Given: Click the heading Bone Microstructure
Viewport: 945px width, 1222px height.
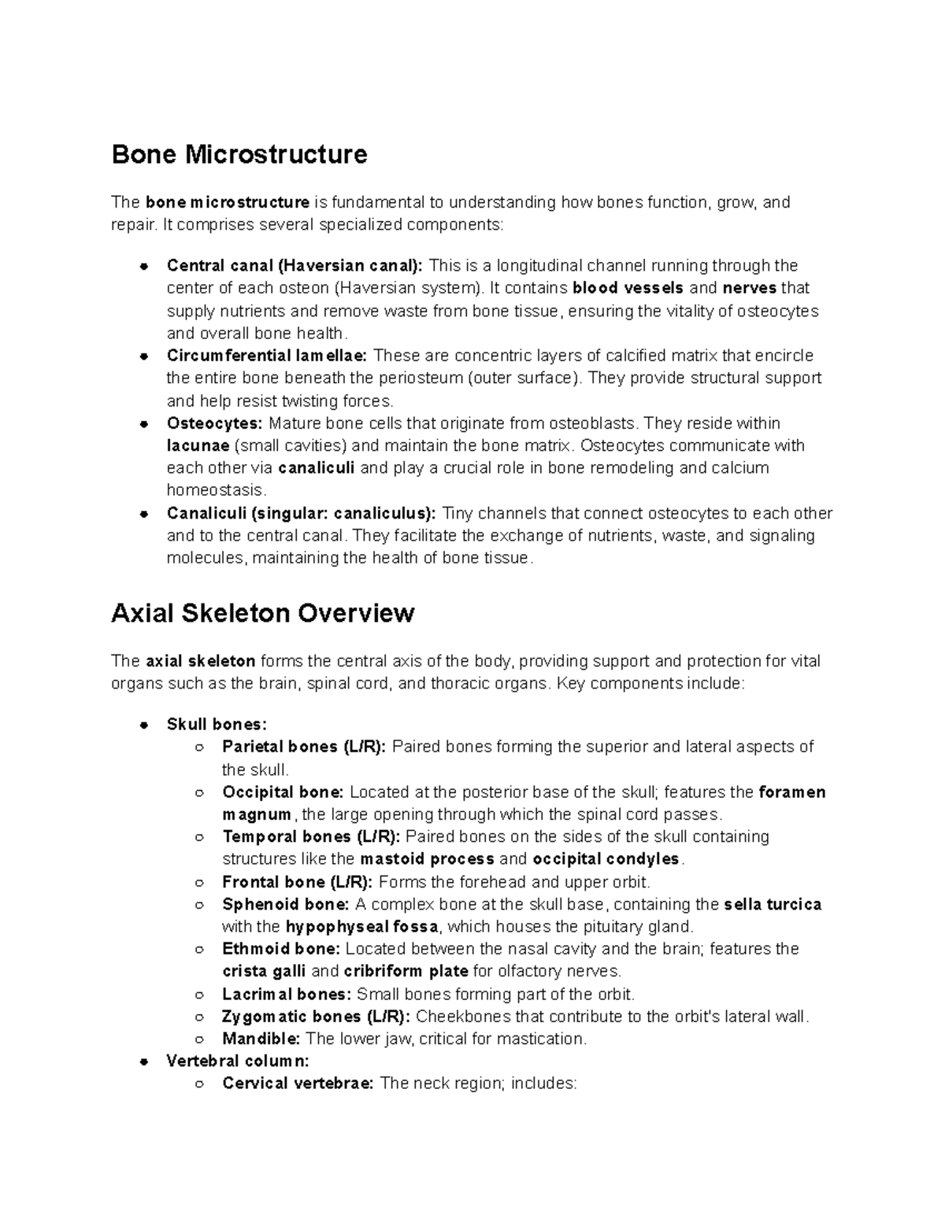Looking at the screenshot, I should point(239,154).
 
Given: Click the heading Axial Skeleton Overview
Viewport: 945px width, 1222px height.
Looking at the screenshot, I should point(262,613).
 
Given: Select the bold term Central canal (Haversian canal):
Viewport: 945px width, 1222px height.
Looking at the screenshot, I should point(295,265).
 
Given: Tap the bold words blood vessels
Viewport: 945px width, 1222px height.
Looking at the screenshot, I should point(628,288).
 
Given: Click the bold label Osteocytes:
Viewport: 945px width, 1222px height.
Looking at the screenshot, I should point(214,423).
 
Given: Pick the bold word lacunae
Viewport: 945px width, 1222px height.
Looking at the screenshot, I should point(198,446).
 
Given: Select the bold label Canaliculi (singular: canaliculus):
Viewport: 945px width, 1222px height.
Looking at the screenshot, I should point(301,514).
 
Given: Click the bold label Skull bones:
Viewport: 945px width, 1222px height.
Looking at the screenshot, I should point(217,724).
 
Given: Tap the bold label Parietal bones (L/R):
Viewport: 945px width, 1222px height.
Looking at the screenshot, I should point(304,747).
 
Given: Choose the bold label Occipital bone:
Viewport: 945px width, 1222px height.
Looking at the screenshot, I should point(283,792).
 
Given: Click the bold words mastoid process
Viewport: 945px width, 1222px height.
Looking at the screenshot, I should point(427,858).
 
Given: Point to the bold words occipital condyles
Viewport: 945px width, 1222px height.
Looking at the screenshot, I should point(606,858).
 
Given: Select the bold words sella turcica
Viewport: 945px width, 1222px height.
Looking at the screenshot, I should point(772,905).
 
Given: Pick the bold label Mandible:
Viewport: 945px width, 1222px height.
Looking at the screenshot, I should point(261,1039).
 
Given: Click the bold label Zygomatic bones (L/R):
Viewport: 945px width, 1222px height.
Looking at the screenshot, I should point(316,1017).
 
